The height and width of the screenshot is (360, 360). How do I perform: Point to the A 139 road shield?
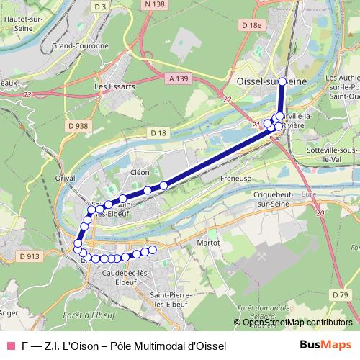pyautogui.click(x=182, y=78)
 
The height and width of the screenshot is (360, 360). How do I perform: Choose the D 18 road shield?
pyautogui.click(x=158, y=133)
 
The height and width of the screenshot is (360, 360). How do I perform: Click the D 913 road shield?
pyautogui.click(x=30, y=256)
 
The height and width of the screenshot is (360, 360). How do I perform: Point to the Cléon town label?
pyautogui.click(x=140, y=173)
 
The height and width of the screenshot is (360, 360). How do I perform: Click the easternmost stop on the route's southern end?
pyautogui.click(x=152, y=250)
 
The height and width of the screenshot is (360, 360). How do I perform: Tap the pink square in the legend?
pyautogui.click(x=11, y=346)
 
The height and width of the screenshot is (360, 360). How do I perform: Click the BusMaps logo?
pyautogui.click(x=325, y=346)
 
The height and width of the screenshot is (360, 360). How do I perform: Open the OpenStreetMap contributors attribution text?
pyautogui.click(x=297, y=323)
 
